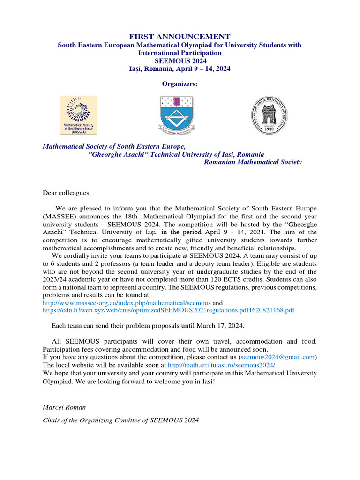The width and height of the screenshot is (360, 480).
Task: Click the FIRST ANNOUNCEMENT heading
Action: tap(180, 37)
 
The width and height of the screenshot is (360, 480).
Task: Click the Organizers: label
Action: tap(180, 84)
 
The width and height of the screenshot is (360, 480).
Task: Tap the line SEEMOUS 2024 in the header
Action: tap(180, 61)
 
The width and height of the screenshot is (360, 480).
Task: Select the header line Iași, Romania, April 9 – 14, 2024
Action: tap(180, 69)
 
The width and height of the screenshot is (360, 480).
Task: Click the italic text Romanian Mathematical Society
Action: tap(253, 162)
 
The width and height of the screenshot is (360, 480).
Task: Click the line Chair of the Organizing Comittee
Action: tap(120, 420)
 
